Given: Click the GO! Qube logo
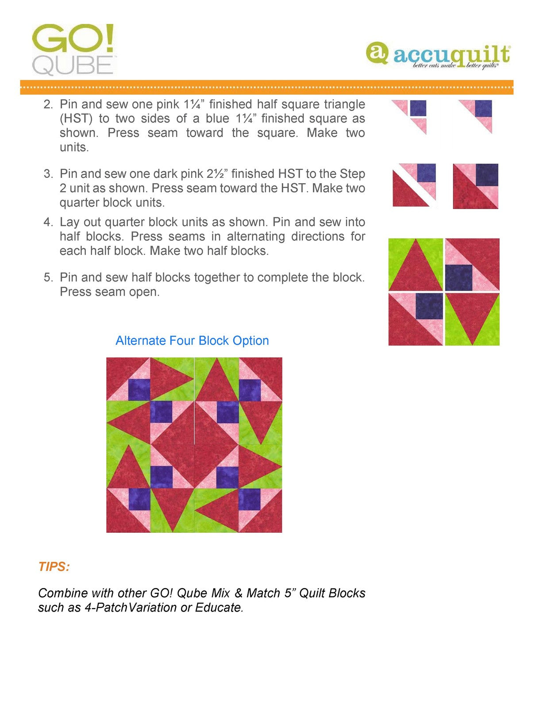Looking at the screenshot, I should click(x=73, y=50).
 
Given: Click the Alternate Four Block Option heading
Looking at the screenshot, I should click(x=192, y=341).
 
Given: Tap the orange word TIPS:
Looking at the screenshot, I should click(x=54, y=567).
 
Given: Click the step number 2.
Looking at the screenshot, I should click(x=48, y=104).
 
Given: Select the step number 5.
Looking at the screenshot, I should click(x=48, y=277).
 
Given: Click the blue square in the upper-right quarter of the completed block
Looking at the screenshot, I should click(x=458, y=277).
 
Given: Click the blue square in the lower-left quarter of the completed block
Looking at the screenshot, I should click(x=429, y=306).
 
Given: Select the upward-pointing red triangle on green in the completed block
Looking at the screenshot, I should click(x=415, y=268).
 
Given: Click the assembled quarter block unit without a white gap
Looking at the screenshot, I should click(x=475, y=186).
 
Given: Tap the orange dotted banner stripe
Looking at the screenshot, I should click(x=266, y=87).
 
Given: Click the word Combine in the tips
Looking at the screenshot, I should click(x=61, y=593).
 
